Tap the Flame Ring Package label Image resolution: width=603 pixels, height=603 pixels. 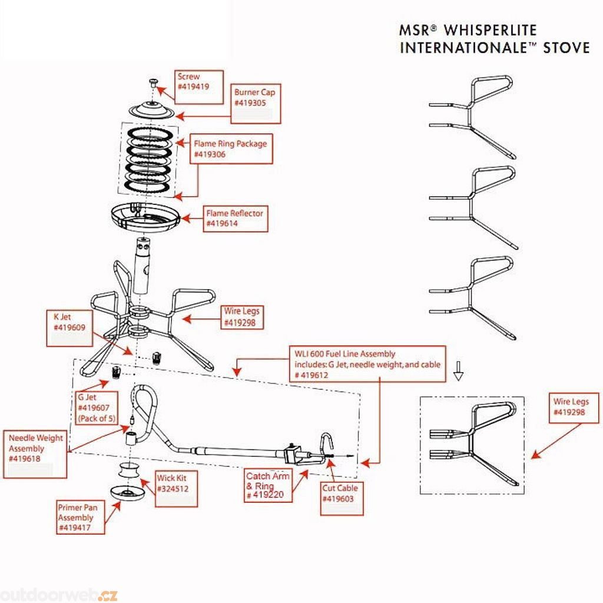[x=231, y=148]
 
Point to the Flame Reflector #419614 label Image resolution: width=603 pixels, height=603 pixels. [x=234, y=218]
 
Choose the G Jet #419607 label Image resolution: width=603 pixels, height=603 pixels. [x=98, y=406]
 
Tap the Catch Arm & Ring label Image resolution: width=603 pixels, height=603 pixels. [x=268, y=485]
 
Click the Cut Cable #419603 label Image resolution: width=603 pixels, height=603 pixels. [x=340, y=493]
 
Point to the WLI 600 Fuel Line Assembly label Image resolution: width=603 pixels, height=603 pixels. [x=365, y=363]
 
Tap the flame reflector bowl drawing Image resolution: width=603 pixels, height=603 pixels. [x=144, y=217]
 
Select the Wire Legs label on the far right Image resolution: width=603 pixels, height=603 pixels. [x=571, y=407]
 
